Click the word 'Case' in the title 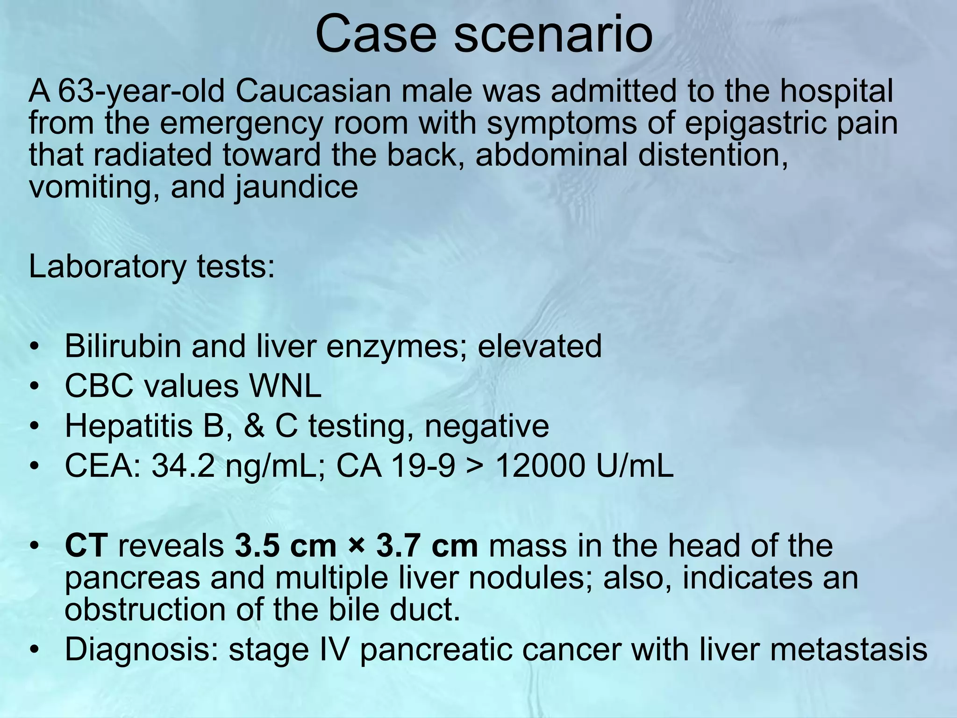(x=378, y=35)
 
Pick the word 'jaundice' (x=296, y=187)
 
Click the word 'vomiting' (x=94, y=187)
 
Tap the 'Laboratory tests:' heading (x=152, y=266)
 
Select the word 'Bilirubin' (x=123, y=346)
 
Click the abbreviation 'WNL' (x=286, y=387)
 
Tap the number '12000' (x=539, y=466)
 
